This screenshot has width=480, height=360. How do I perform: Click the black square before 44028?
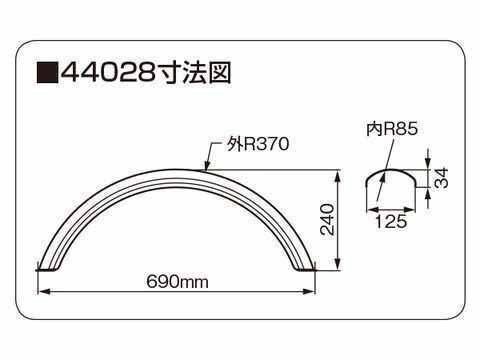pos(47,72)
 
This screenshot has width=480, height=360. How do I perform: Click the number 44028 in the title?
pos(108,72)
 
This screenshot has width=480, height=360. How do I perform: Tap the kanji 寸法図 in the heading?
pos(193,72)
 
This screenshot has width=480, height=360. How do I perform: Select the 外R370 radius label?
pos(258,144)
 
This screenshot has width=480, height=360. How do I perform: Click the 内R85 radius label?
pos(392,129)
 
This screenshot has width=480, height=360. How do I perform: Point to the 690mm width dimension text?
pos(177,282)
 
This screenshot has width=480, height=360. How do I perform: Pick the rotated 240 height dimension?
pos(327,220)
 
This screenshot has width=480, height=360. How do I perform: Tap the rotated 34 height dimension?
pos(441,178)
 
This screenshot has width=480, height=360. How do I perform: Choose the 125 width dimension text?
pos(391,221)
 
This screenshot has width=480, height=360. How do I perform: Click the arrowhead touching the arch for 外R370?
pos(207,166)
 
